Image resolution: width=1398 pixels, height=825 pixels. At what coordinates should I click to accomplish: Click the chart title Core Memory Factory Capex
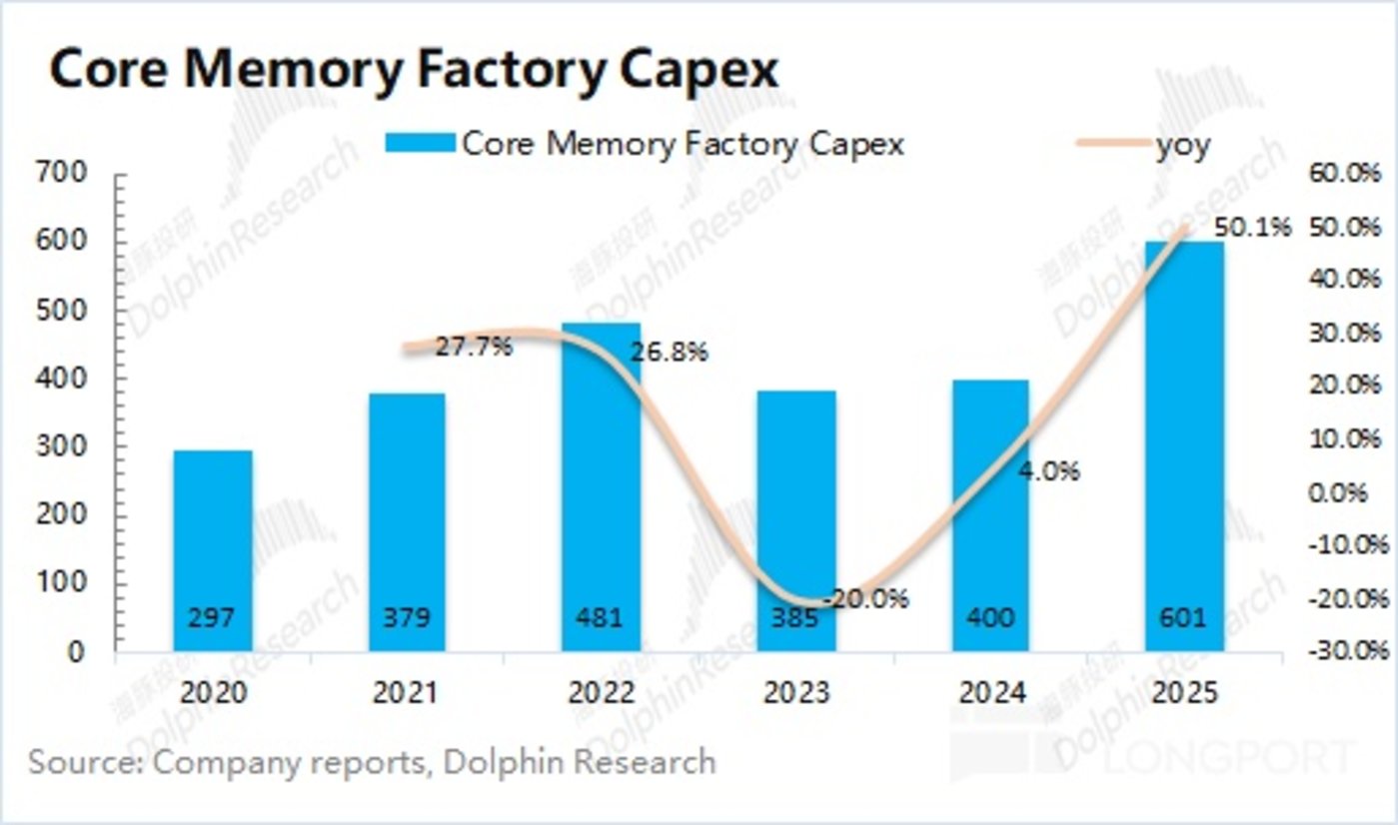click(413, 71)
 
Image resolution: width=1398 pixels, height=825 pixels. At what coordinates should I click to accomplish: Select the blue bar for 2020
click(212, 549)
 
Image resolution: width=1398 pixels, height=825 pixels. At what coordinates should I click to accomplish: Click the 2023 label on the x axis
click(796, 692)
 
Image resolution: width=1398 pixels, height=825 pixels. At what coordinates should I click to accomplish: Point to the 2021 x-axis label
click(407, 692)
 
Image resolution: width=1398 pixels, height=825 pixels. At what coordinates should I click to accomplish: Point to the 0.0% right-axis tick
click(1348, 492)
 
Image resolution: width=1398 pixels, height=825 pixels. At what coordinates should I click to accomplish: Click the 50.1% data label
click(1252, 229)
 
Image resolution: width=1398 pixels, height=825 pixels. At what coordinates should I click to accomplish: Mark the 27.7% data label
click(473, 348)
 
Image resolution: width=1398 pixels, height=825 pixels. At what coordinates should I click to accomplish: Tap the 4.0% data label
click(1047, 470)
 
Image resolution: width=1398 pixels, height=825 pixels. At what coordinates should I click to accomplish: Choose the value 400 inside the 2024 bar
click(990, 617)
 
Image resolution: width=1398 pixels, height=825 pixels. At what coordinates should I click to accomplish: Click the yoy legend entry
click(1183, 145)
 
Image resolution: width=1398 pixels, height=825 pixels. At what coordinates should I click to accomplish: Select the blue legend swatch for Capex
click(419, 145)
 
